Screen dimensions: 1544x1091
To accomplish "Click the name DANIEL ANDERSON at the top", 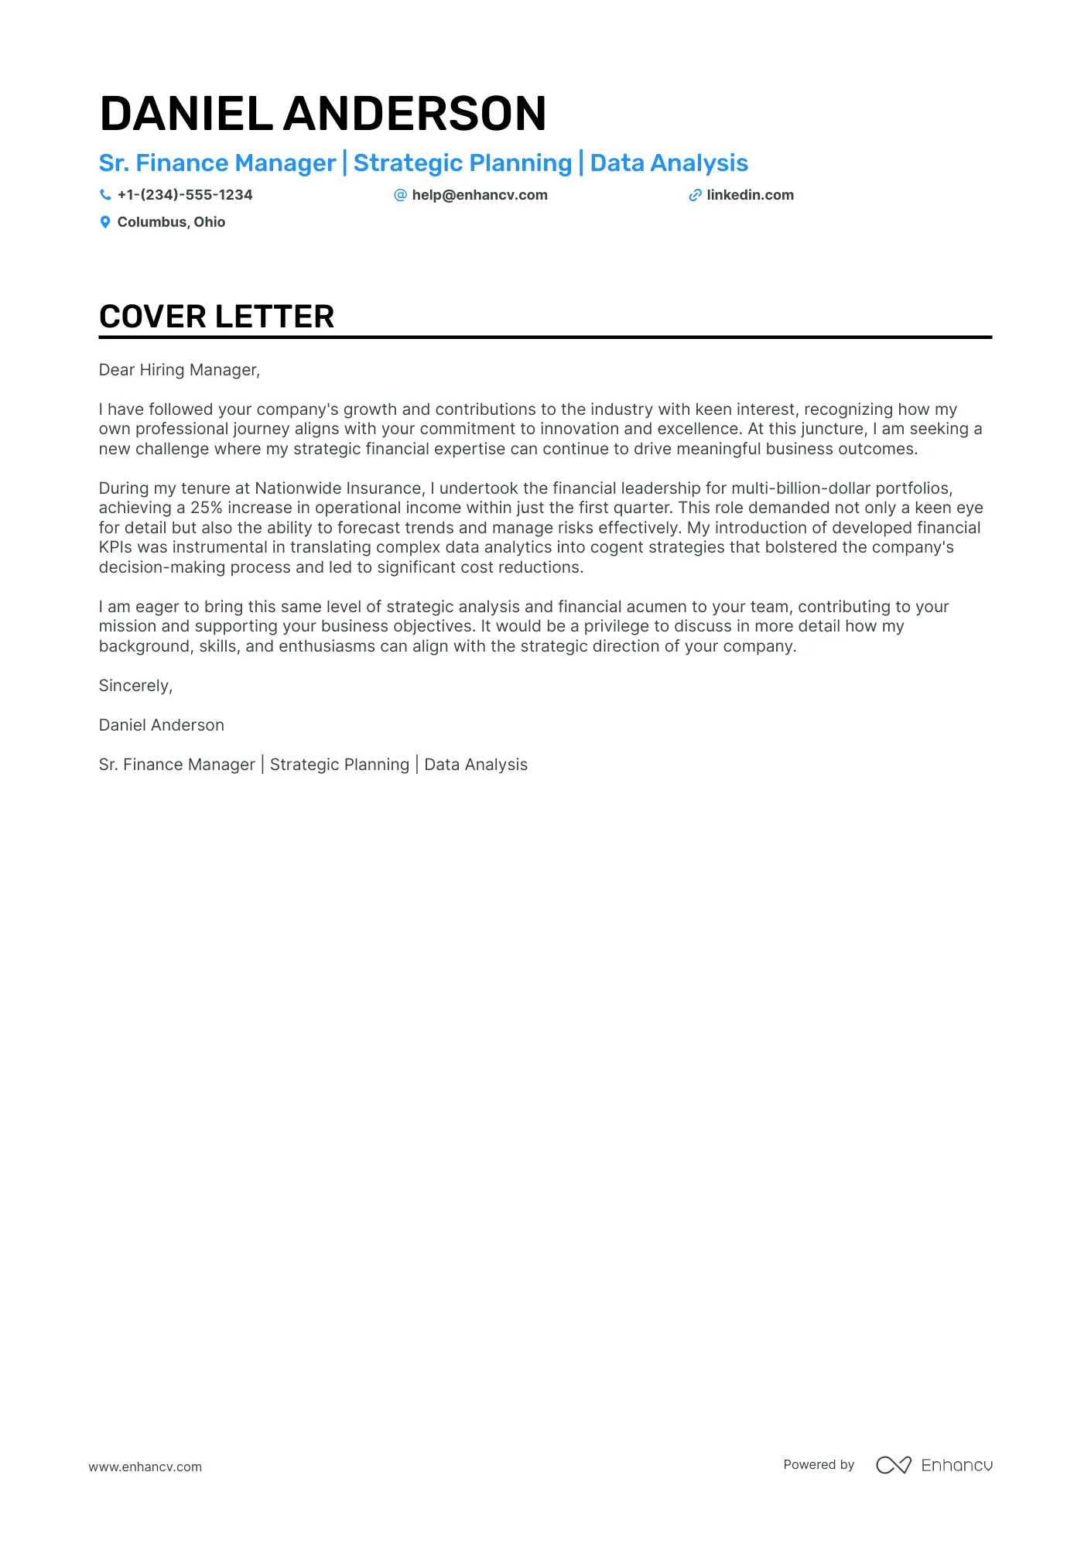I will click(323, 114).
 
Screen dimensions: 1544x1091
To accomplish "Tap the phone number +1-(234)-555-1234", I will click(185, 195).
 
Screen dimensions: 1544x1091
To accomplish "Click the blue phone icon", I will click(105, 195).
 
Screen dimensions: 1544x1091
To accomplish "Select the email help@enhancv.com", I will click(480, 195).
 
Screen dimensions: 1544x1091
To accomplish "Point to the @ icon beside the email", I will click(400, 195).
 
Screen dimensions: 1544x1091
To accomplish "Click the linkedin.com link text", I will click(750, 195).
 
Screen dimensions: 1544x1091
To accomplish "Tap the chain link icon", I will click(695, 196).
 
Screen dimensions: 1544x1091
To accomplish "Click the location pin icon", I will click(105, 222).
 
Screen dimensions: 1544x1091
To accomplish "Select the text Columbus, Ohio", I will click(171, 222).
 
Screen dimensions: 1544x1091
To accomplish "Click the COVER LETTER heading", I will click(217, 317).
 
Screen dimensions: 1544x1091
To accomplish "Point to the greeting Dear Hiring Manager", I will click(179, 370).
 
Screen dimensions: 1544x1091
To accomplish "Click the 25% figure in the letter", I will click(207, 508).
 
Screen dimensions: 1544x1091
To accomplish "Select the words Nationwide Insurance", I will click(338, 488).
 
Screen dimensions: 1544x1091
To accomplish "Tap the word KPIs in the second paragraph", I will click(115, 547).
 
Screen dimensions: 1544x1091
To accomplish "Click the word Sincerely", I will click(135, 686).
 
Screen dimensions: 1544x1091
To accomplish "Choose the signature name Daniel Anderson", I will click(161, 725).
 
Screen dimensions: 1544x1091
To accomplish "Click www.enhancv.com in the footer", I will click(145, 1467).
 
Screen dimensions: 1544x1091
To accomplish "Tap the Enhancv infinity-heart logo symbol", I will click(893, 1465).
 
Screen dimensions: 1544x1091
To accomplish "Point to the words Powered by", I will click(819, 1464).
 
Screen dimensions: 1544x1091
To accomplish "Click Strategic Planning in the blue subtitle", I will click(462, 163).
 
